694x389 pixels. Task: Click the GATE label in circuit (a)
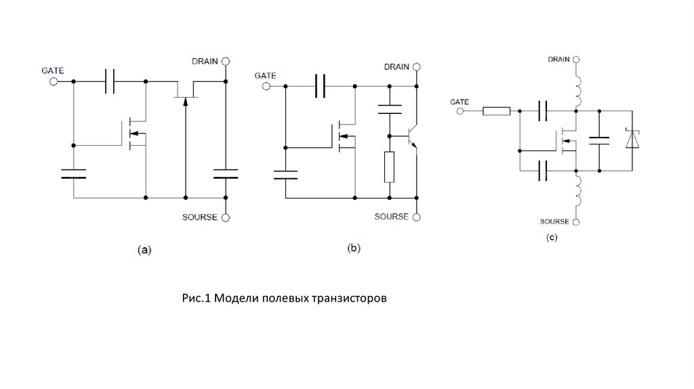52,69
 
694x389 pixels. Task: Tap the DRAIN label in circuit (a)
205,61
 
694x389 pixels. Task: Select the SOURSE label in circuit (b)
391,217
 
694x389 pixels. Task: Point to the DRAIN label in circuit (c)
558,60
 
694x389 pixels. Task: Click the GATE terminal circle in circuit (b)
266,87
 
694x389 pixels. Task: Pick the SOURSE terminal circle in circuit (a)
226,218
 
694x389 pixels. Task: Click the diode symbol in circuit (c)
632,140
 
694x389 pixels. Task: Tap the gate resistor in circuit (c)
496,110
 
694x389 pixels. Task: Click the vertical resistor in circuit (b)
389,167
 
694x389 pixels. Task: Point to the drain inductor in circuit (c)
577,88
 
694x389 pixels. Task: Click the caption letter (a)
144,249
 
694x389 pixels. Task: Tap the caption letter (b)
354,248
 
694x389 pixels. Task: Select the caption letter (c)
552,237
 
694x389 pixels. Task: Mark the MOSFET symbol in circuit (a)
136,134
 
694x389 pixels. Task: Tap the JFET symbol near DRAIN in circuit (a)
184,91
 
